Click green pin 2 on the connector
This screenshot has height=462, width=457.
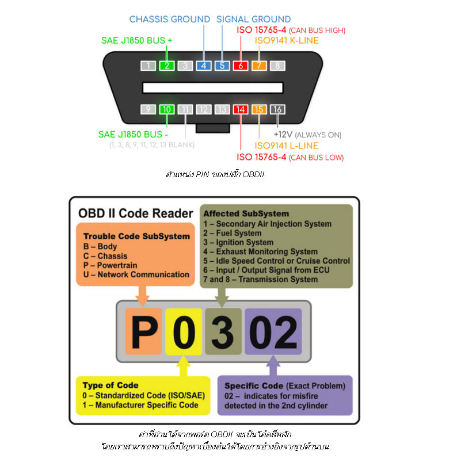166,66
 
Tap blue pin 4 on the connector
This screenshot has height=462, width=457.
203,66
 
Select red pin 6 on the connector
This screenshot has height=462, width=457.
241,66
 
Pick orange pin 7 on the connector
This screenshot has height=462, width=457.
259,66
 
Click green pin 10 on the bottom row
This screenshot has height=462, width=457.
166,109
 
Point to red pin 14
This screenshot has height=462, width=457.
241,109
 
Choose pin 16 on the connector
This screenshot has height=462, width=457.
277,109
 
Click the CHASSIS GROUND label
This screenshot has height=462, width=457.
170,20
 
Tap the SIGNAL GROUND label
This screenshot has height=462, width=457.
253,20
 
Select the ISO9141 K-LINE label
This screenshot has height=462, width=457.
286,41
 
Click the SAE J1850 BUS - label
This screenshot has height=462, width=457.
133,134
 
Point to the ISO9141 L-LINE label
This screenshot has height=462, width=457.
285,146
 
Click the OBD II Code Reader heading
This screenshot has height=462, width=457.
136,213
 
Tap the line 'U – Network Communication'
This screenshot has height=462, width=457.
136,274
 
